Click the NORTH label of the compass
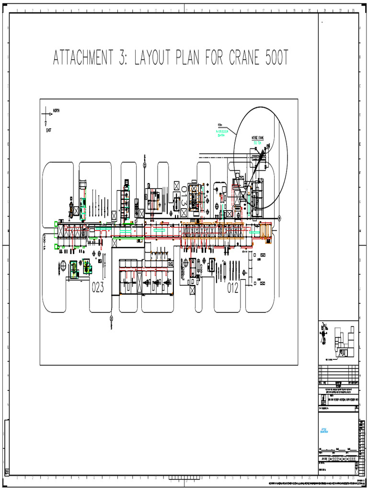point(56,111)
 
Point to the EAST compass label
point(48,130)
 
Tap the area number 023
point(98,287)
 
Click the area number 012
point(233,287)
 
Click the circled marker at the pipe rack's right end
point(279,218)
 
